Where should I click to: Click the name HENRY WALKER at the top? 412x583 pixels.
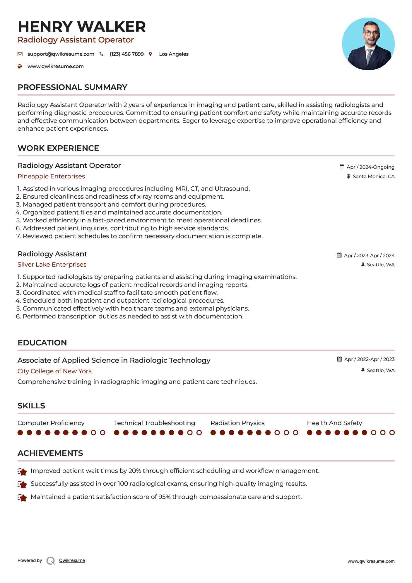click(82, 27)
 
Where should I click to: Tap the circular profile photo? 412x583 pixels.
click(368, 44)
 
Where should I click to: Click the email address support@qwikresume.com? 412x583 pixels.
click(61, 54)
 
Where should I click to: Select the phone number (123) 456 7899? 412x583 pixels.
click(126, 54)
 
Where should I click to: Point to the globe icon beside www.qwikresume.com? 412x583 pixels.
click(20, 66)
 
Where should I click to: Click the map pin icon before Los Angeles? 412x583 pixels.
click(151, 54)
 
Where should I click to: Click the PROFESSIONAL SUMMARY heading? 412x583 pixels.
click(72, 87)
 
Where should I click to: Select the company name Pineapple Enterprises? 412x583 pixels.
click(51, 176)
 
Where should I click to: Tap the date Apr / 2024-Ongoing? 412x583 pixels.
click(370, 167)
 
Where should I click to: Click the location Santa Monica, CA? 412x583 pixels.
click(373, 176)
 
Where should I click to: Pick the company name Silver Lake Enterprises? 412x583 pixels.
click(52, 265)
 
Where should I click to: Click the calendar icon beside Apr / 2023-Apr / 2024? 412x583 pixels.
click(339, 255)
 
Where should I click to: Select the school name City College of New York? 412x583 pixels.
click(55, 371)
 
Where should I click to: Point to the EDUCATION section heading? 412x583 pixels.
click(42, 343)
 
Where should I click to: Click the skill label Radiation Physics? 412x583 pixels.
click(237, 423)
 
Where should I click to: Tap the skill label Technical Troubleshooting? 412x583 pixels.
click(154, 423)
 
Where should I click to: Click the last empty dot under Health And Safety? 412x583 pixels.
click(392, 433)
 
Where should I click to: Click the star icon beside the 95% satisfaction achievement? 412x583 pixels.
click(22, 497)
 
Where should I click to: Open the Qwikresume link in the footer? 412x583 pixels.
click(72, 560)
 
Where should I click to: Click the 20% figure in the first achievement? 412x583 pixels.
click(135, 471)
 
